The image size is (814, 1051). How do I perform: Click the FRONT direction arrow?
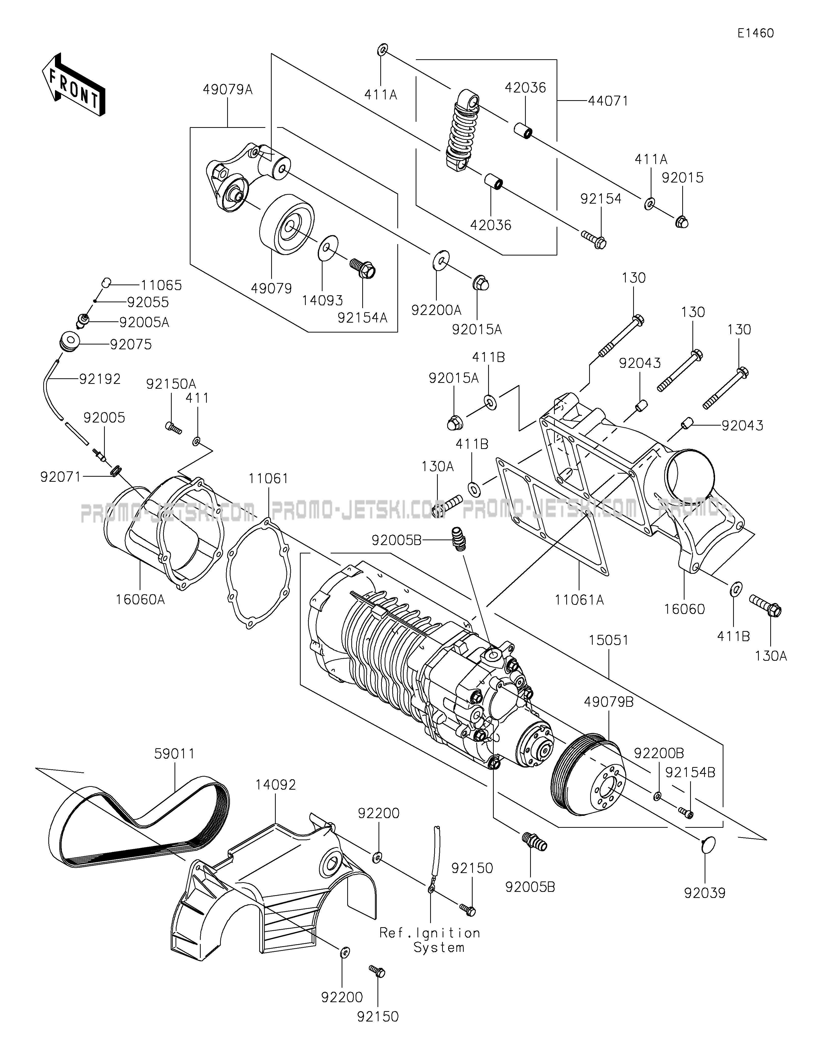pos(73,84)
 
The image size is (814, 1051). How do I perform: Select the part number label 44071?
pos(608,101)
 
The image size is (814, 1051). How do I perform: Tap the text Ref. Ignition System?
pos(430,940)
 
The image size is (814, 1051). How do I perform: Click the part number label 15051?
pos(608,640)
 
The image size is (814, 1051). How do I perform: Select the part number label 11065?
pos(161,285)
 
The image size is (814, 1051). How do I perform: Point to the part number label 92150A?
pos(171,384)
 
